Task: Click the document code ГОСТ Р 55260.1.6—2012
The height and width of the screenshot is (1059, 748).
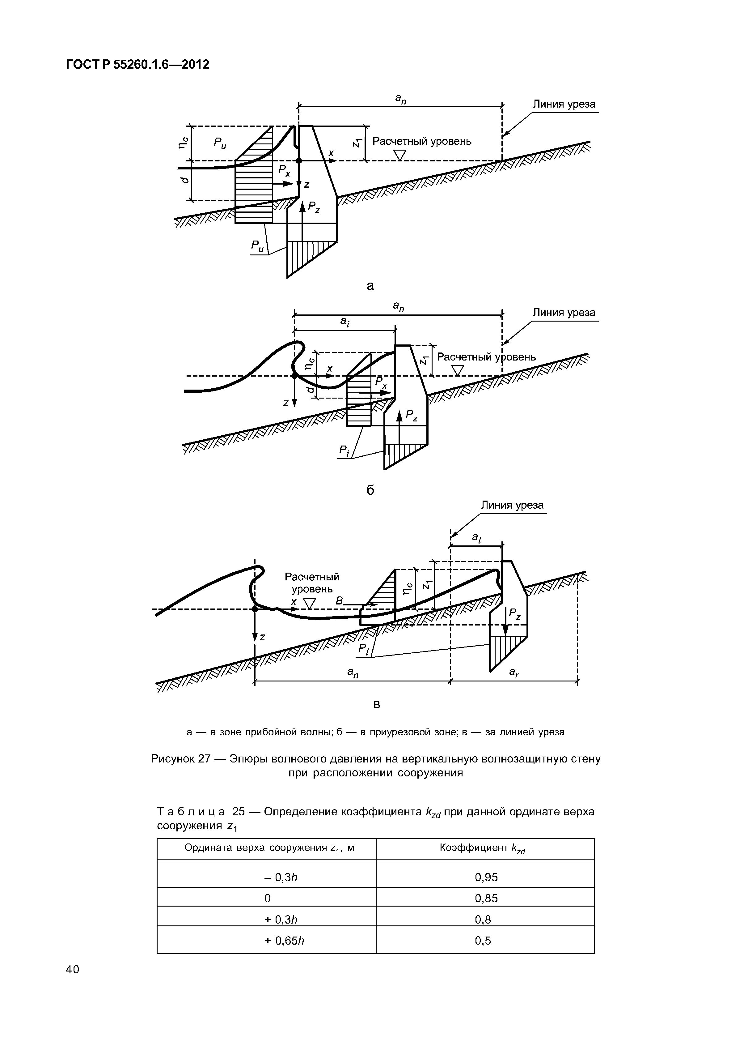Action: [138, 65]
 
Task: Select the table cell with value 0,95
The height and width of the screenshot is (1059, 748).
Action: [486, 877]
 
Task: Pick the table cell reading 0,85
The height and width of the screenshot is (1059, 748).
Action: [486, 898]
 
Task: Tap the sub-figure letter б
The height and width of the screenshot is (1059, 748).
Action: [370, 491]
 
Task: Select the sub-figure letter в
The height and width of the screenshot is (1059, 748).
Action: [377, 705]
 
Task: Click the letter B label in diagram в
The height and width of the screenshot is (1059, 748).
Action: [340, 601]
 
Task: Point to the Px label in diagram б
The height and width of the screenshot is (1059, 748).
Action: [381, 382]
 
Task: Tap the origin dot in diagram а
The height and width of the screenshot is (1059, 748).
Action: [299, 160]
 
